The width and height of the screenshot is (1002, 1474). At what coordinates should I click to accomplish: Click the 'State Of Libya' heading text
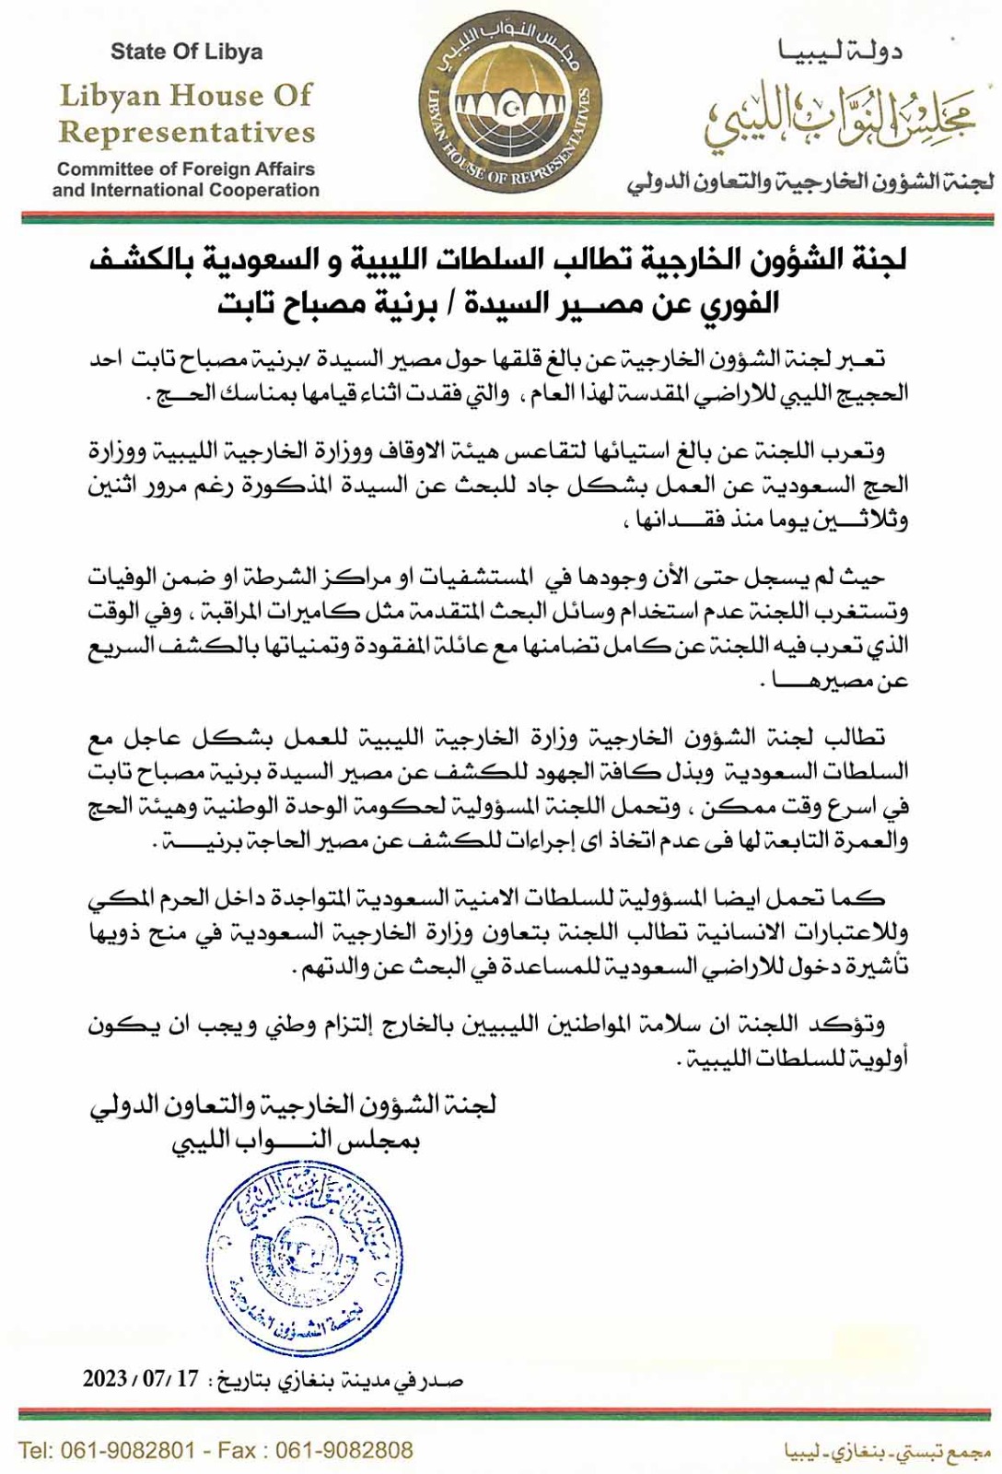tap(186, 53)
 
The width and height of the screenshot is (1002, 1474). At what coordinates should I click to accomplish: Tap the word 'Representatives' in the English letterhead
tap(187, 133)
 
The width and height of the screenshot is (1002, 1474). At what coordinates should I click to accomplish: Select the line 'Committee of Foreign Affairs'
tap(186, 170)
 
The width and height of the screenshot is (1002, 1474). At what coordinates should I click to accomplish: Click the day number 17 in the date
tap(187, 1379)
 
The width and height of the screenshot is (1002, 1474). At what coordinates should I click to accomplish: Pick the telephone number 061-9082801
tap(128, 1451)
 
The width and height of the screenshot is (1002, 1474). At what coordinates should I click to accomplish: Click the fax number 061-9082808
tap(344, 1451)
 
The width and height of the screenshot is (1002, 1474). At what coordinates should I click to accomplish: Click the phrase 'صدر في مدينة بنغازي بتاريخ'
tap(340, 1380)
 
